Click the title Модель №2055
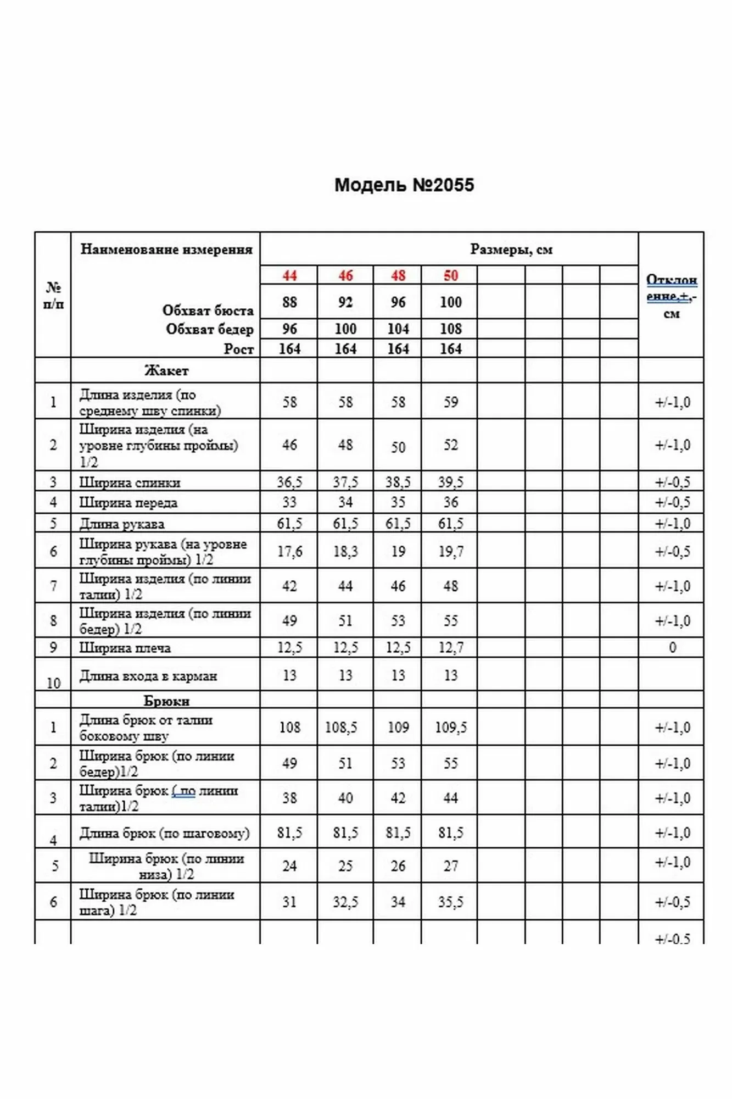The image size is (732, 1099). coord(404,185)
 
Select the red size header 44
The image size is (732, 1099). coord(289,275)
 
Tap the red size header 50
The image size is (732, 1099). coord(450,275)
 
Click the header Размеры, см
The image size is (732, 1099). coord(511,249)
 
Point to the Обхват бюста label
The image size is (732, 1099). coord(208,310)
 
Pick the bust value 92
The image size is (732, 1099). coord(345,302)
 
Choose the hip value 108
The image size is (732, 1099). coord(450,329)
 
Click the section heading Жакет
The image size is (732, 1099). coord(166,371)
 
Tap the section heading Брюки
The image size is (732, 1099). coord(166,701)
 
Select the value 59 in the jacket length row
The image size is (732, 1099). coord(450,402)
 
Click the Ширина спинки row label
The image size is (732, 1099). coord(130,482)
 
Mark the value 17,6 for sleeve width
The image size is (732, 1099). coord(289,551)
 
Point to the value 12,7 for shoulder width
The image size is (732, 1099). coord(450,647)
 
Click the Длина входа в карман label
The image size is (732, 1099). coord(148,676)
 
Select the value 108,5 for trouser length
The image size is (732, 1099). coord(340,727)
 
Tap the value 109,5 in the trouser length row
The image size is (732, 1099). coord(450,727)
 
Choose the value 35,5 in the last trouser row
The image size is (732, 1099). coord(450,902)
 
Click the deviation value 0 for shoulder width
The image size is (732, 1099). coord(672,647)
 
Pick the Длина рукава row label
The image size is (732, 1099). coord(122,524)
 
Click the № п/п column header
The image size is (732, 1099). coord(53,295)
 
